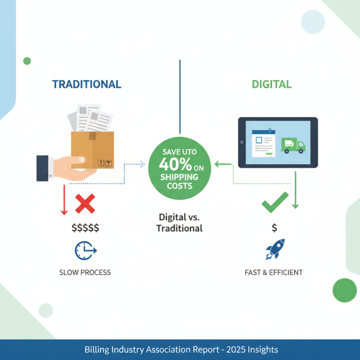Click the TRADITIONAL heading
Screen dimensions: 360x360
click(86, 84)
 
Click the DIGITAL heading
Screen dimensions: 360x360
click(271, 84)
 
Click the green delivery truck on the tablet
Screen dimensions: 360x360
click(293, 145)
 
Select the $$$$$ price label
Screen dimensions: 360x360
click(85, 228)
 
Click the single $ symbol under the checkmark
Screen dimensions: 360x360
click(274, 228)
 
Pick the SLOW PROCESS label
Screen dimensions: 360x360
click(85, 272)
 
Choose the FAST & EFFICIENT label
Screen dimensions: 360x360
click(274, 272)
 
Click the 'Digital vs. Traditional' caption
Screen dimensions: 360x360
click(180, 222)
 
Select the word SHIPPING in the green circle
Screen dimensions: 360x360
click(180, 177)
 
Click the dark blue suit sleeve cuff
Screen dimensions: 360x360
click(43, 168)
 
